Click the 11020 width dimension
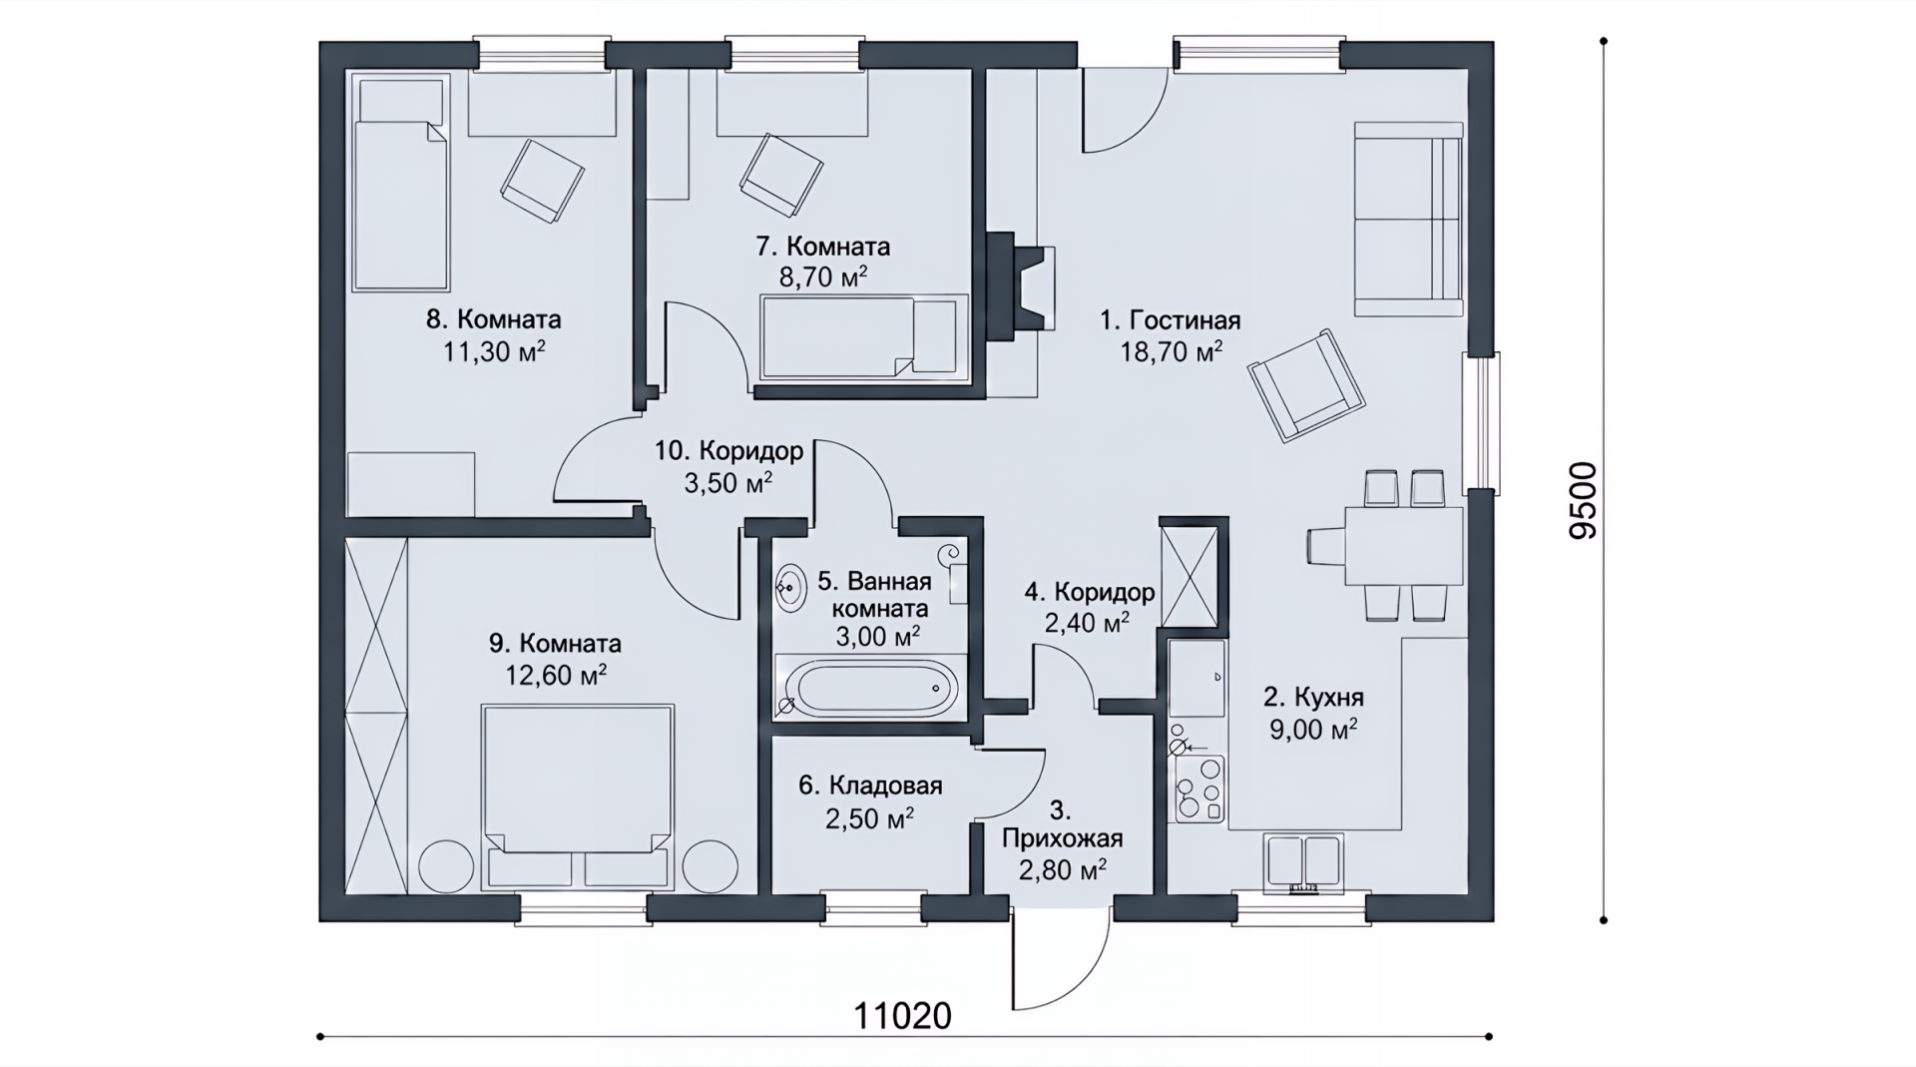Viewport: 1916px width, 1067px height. (x=902, y=1015)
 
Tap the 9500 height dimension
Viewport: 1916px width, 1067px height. (x=1582, y=501)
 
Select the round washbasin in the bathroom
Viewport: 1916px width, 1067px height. (x=791, y=587)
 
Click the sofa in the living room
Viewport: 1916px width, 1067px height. (x=1408, y=219)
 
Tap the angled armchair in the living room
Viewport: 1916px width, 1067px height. (x=1306, y=385)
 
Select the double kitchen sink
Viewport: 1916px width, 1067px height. (x=1302, y=861)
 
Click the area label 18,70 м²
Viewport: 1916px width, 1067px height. (x=1176, y=351)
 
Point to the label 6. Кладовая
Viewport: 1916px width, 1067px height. (x=870, y=786)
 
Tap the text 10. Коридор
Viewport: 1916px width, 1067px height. (x=728, y=451)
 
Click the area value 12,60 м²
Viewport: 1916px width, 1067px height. (x=557, y=676)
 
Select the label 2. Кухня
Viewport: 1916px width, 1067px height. (x=1313, y=697)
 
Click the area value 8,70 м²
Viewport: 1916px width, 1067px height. (x=823, y=276)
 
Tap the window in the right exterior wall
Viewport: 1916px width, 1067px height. (x=1480, y=423)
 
